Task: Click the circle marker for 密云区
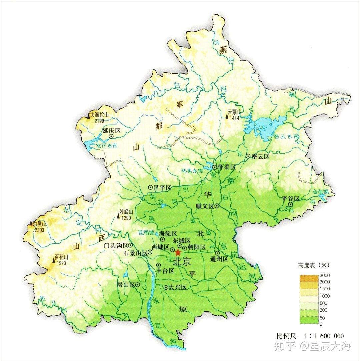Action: [x=248, y=156]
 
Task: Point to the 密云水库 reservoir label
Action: [x=286, y=137]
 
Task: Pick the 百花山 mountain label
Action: [x=62, y=257]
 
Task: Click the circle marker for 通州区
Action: [x=217, y=253]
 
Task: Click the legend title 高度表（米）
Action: [x=314, y=265]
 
